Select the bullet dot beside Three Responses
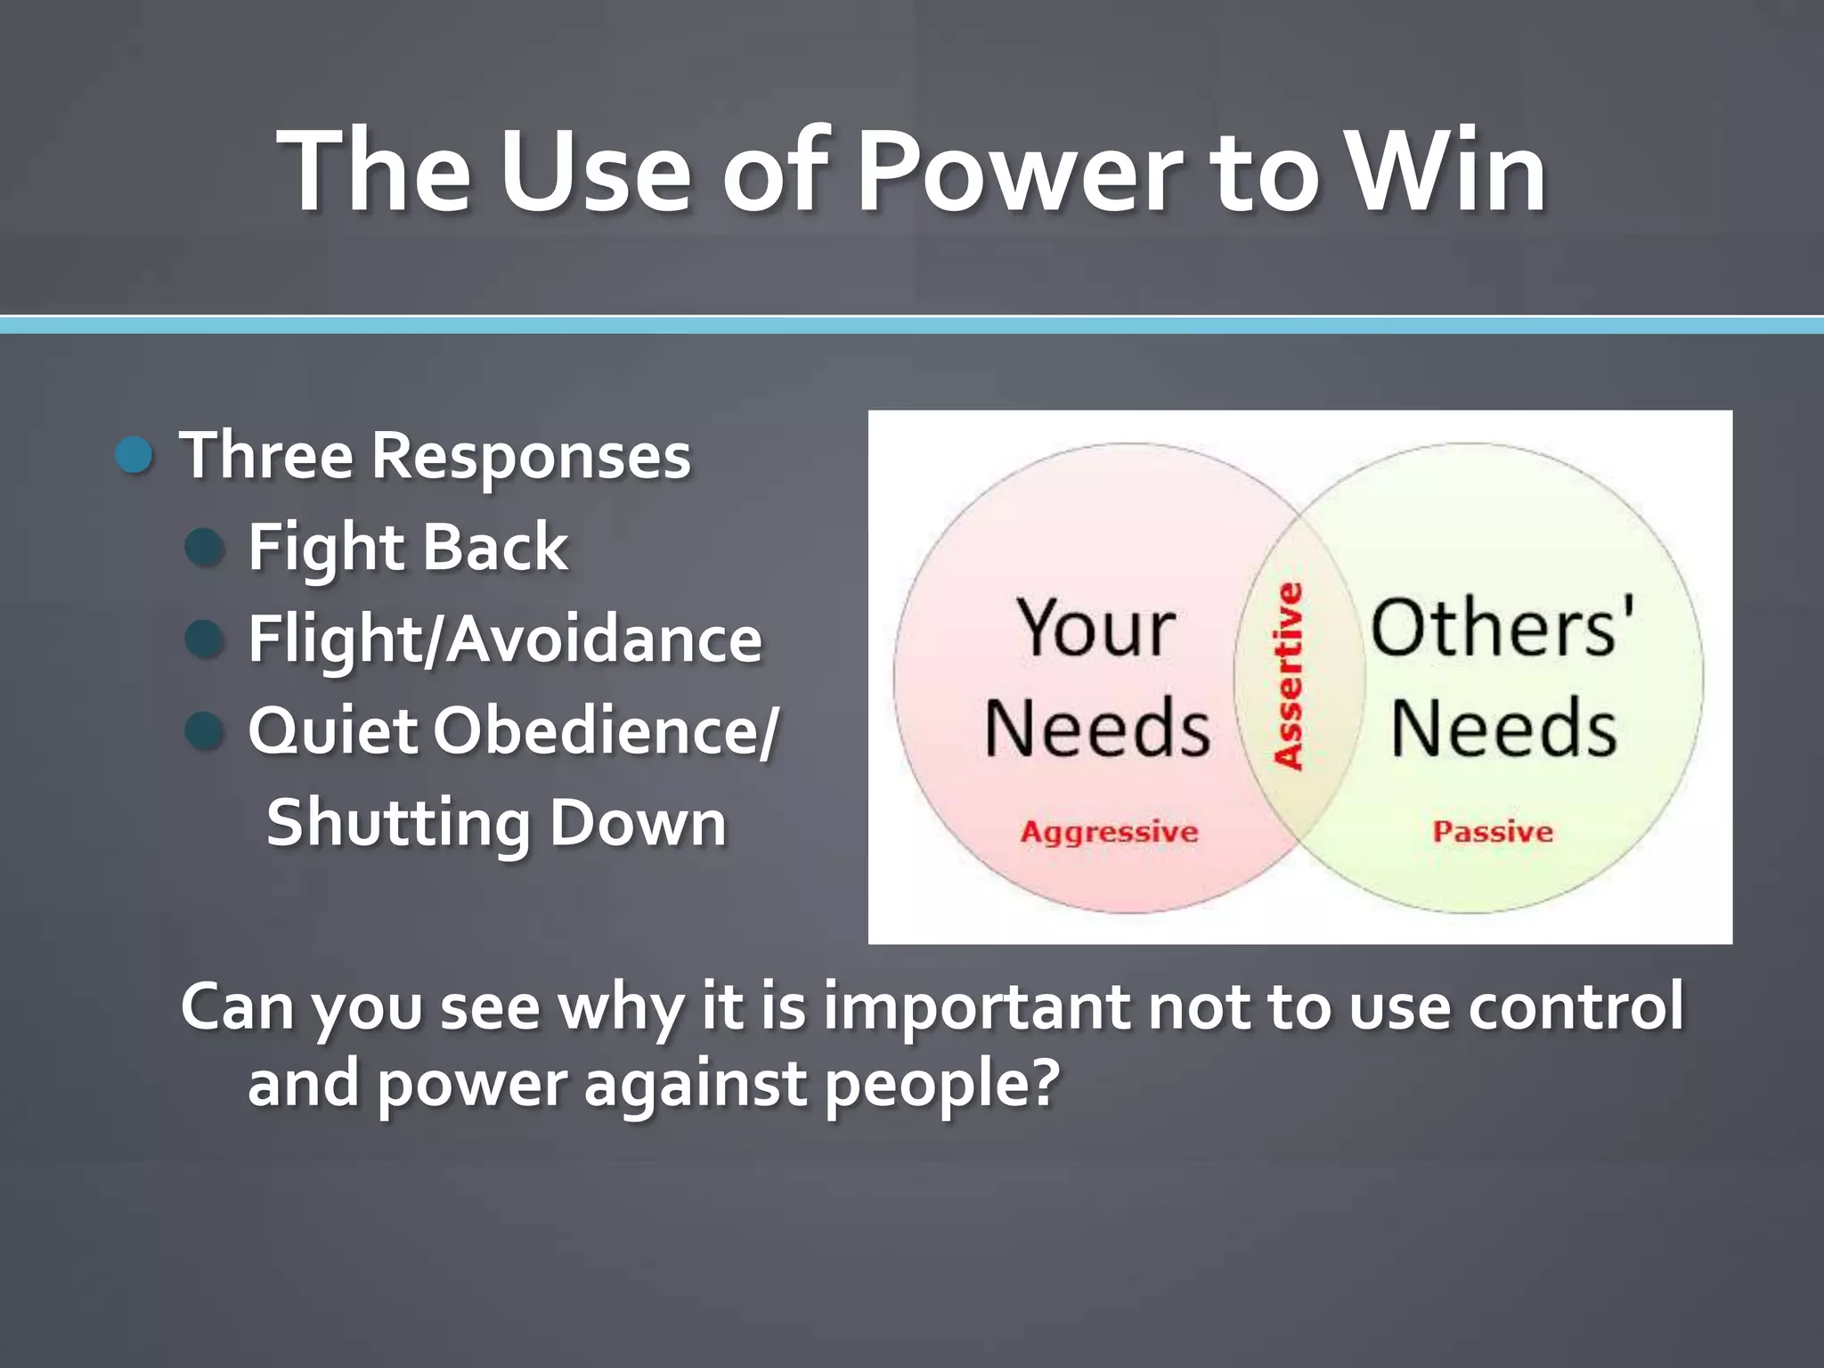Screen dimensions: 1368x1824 [x=135, y=455]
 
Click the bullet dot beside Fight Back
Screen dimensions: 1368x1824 [x=205, y=547]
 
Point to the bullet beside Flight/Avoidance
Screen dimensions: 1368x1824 [x=205, y=639]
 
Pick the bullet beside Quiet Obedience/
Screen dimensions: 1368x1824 [x=205, y=730]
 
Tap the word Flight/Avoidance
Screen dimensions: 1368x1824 [x=505, y=639]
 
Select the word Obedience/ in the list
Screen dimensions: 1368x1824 [x=606, y=731]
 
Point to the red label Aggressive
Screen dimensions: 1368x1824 [x=1110, y=832]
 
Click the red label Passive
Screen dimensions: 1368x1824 [x=1493, y=832]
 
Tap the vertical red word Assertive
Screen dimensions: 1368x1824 [x=1289, y=676]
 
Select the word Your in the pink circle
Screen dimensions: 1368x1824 [x=1096, y=628]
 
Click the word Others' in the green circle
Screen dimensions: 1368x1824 [x=1502, y=628]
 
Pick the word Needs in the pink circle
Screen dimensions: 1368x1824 [x=1097, y=729]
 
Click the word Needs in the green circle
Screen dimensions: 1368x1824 [x=1503, y=729]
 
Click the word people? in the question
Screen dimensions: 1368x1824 [x=942, y=1084]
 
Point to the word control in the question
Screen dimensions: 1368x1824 [x=1576, y=1006]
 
